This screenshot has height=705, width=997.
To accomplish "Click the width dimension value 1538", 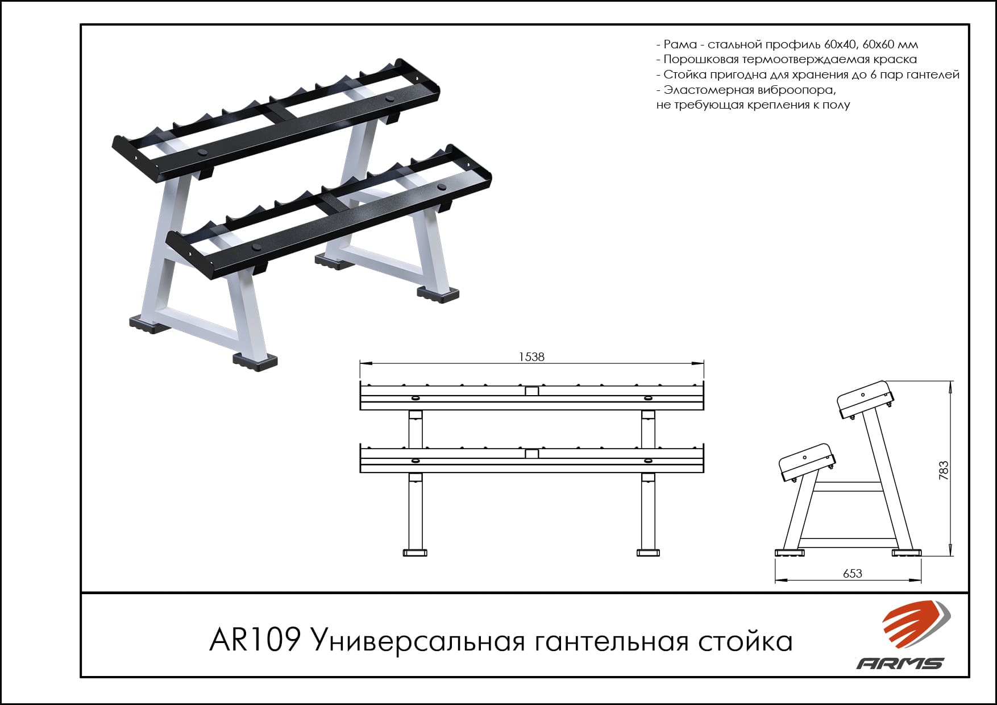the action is click(531, 356).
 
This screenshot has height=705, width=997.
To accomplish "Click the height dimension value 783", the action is click(944, 470).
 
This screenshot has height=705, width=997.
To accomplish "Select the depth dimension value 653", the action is click(853, 574).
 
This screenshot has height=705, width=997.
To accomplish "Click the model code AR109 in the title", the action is click(255, 640).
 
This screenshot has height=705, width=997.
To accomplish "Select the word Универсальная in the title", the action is click(418, 641).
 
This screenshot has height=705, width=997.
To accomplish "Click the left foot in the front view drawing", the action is click(415, 552).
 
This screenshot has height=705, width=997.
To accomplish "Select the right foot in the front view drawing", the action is click(648, 552).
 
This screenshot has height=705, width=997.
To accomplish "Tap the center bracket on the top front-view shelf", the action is click(531, 391).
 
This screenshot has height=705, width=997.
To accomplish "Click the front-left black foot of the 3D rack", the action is click(255, 361).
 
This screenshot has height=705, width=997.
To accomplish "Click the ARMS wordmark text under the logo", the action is click(900, 663).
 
